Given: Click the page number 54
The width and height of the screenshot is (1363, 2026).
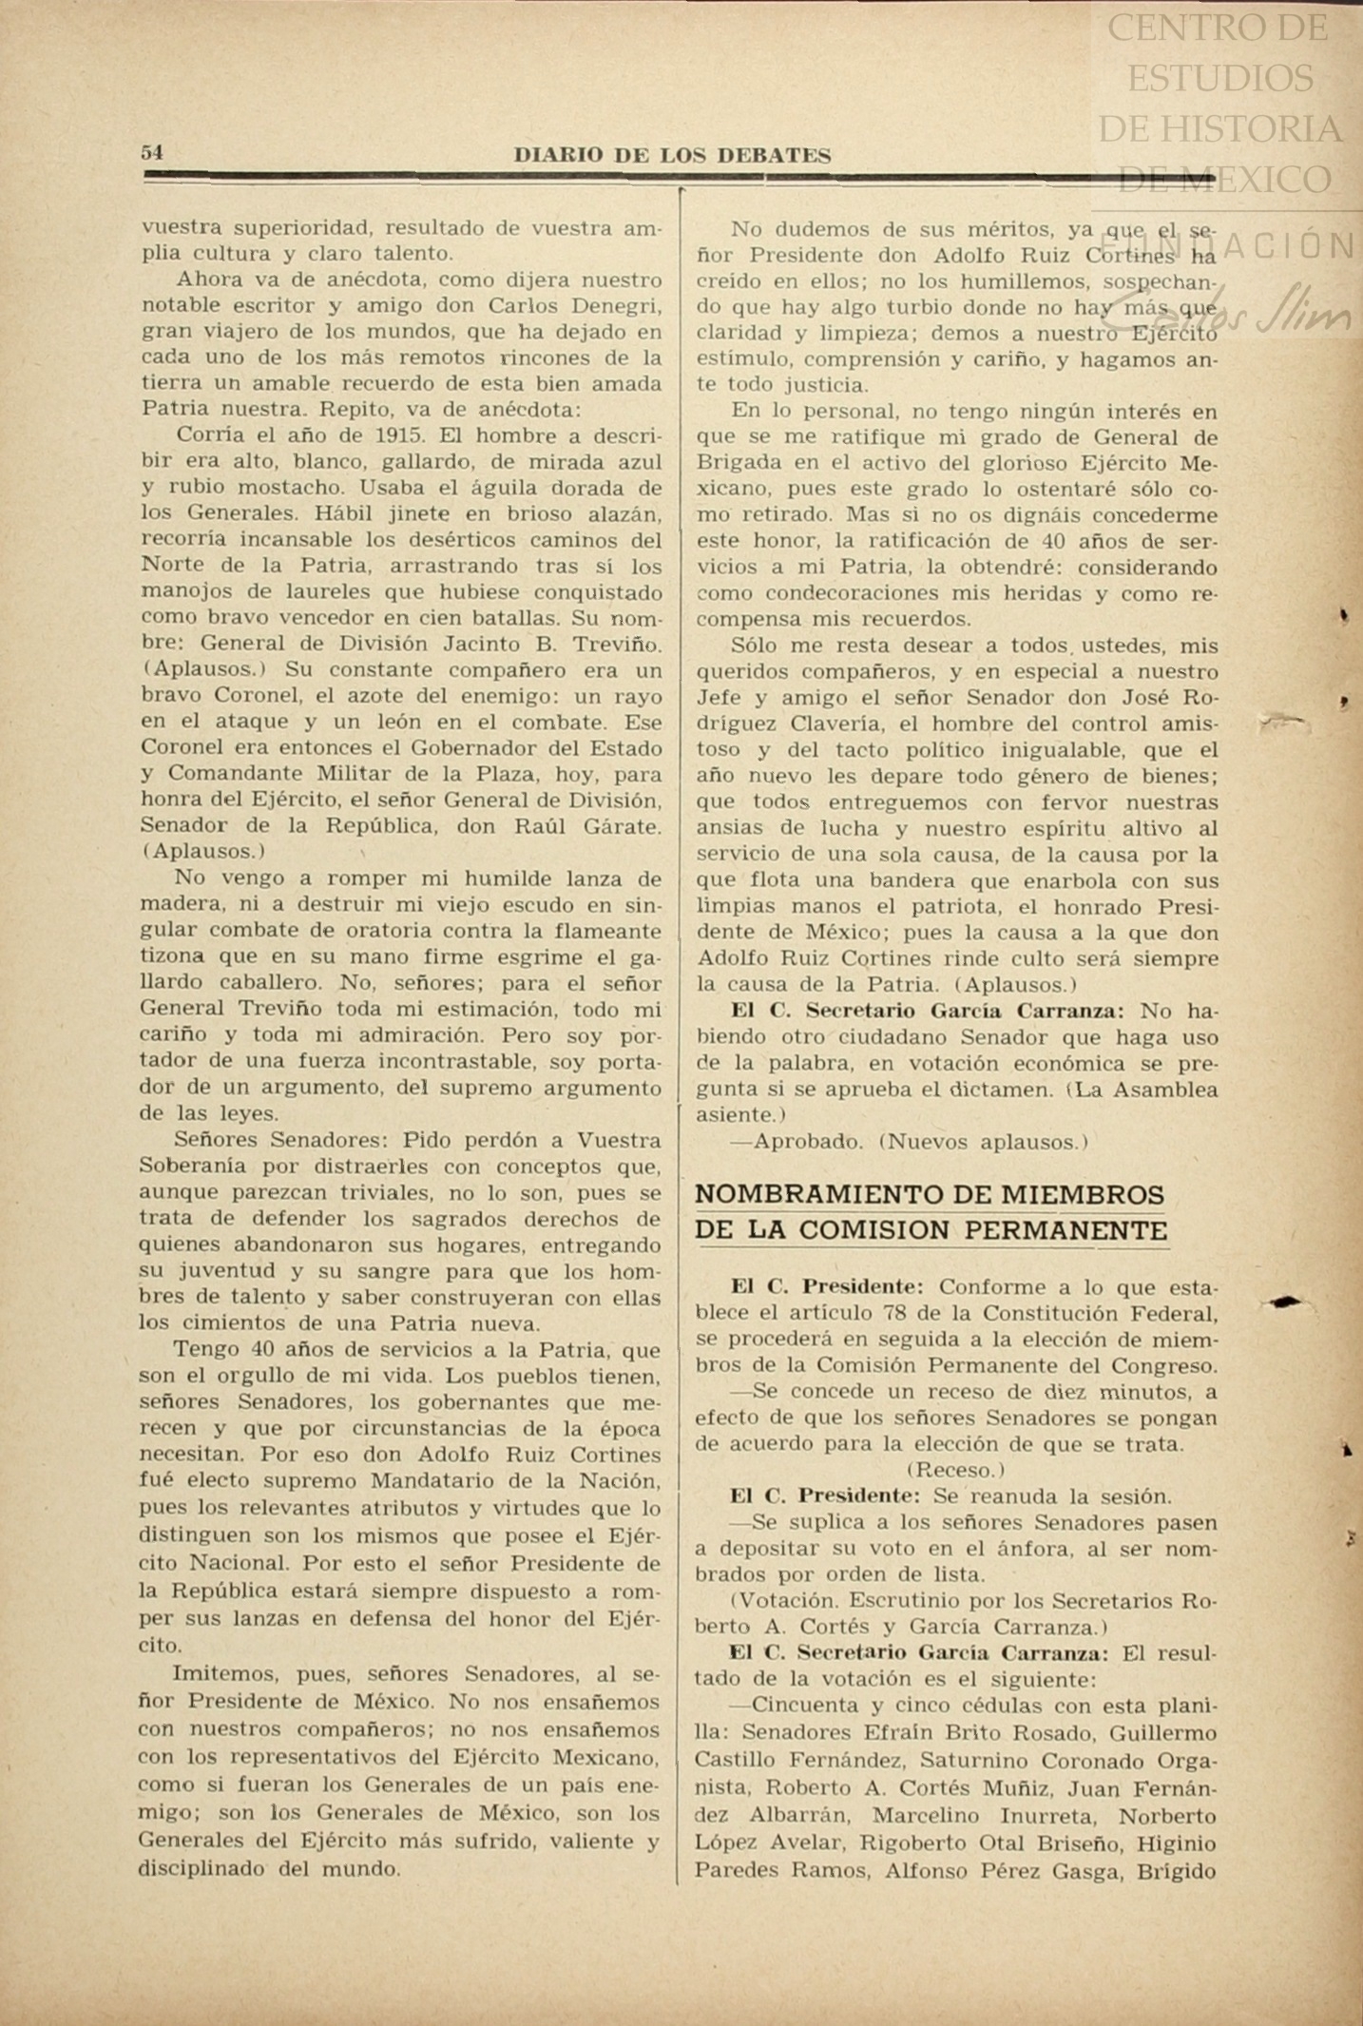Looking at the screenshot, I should click(152, 153).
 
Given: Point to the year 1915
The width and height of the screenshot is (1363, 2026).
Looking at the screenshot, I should click(399, 436).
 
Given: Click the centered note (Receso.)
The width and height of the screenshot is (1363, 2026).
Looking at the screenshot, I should click(955, 1470).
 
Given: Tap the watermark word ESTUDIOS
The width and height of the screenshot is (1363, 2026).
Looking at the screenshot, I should click(1220, 78).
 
